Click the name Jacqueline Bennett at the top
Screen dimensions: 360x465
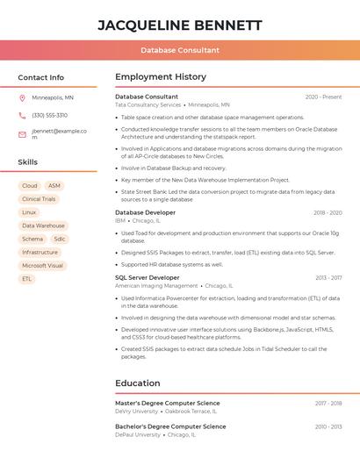coord(179,25)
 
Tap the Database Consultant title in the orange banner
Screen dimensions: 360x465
coord(179,50)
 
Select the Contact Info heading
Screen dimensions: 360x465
coord(40,77)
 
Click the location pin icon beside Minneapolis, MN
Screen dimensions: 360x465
coord(22,97)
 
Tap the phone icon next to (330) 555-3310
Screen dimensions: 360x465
coord(22,115)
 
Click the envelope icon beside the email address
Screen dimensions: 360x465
coord(22,134)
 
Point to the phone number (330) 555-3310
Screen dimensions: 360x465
coord(49,115)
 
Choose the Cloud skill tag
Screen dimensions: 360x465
coord(29,186)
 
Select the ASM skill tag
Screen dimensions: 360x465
coord(54,186)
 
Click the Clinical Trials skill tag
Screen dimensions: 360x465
coord(39,199)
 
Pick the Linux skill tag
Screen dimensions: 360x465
coord(29,212)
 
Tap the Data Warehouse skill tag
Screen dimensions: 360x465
coord(43,225)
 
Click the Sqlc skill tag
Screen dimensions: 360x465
coord(59,239)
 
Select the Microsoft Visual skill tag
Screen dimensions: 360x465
coord(42,265)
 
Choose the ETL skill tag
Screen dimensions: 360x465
coord(27,278)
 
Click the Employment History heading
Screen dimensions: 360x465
coord(160,77)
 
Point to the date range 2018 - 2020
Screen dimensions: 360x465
coord(327,212)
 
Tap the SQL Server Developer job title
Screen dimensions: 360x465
coord(147,277)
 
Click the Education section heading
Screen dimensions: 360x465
coord(137,383)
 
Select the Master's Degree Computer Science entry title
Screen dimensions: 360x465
coord(167,403)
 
